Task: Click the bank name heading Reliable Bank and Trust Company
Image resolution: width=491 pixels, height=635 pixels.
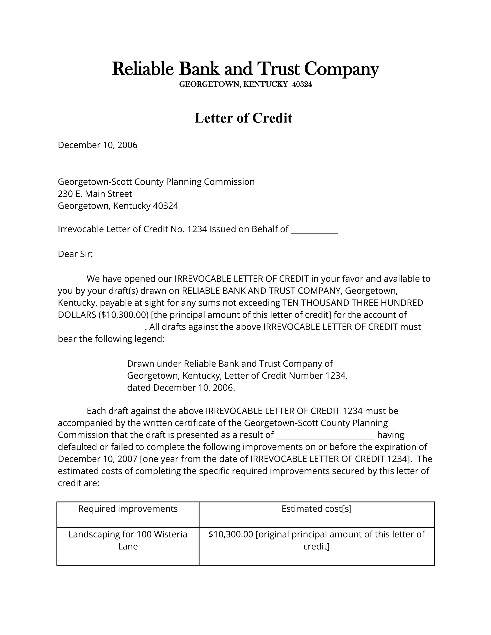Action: point(245,69)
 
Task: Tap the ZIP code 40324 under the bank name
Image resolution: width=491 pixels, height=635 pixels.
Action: point(302,85)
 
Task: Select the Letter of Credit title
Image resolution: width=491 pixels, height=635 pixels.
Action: point(243,118)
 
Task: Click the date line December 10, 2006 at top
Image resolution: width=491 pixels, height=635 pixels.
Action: point(97,145)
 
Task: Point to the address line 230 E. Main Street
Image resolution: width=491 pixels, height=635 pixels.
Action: point(95,194)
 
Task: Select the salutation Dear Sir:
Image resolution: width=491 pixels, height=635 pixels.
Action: point(75,254)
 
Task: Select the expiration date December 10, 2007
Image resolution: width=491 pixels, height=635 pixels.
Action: point(97,459)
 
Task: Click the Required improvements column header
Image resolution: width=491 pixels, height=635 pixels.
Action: point(128,509)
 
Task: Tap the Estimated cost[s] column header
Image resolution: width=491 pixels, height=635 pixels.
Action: point(316,509)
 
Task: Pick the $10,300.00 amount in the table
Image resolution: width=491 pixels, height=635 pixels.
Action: point(231,534)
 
